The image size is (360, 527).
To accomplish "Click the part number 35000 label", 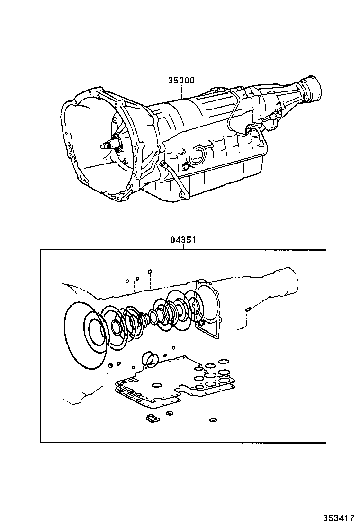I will point(181,81).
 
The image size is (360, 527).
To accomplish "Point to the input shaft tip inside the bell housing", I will point(104,146).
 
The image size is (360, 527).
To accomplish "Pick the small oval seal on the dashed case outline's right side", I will point(248,309).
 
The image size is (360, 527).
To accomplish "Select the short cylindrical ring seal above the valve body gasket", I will point(151,359).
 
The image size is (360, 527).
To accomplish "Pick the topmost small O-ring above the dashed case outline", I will point(149,272).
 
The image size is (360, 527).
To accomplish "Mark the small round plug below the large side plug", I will point(184,165).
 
